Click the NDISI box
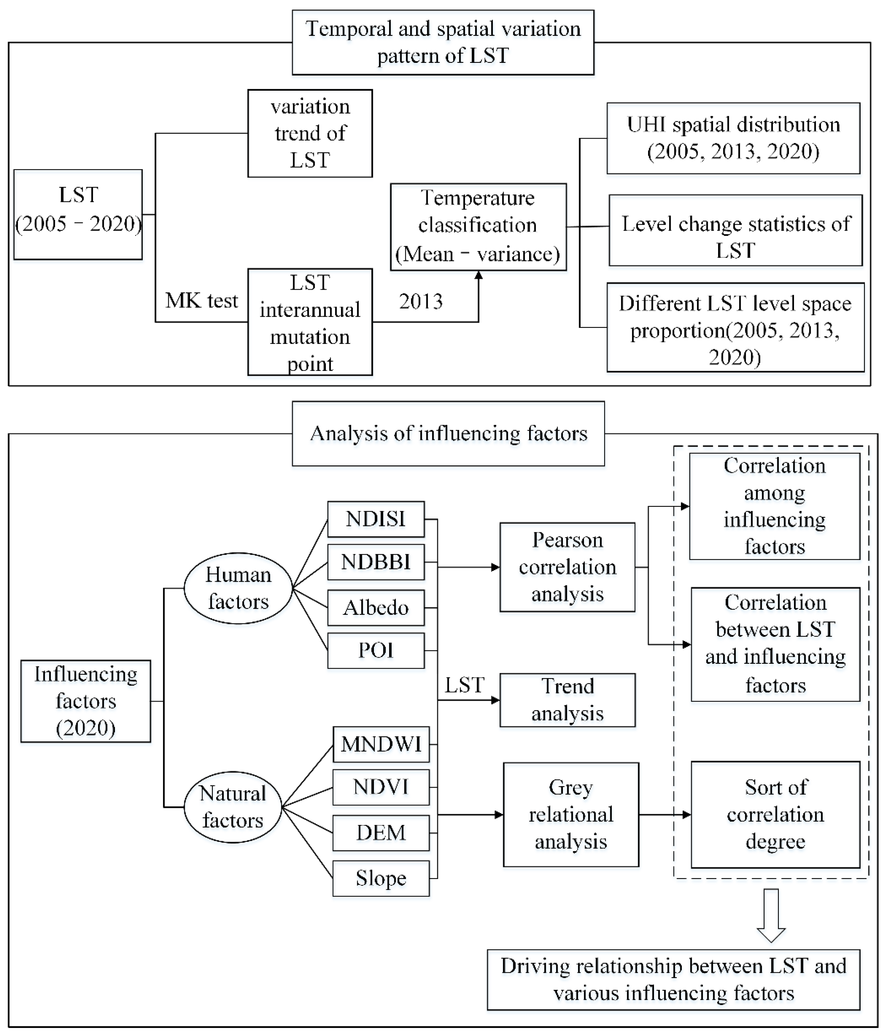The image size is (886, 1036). (376, 519)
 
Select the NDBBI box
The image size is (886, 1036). (376, 562)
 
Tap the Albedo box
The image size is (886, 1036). (376, 607)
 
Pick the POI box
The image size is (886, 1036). (376, 651)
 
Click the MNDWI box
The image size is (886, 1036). (381, 744)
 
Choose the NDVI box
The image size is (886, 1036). (381, 787)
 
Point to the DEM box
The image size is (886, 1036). (381, 833)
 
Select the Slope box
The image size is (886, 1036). (381, 878)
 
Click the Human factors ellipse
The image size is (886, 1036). (238, 588)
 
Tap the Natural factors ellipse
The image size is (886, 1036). (233, 807)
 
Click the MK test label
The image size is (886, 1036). (202, 301)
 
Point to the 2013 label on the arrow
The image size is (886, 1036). (421, 302)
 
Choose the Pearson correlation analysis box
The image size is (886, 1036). (567, 567)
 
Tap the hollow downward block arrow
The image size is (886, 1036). (771, 915)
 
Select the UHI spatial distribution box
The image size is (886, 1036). (733, 138)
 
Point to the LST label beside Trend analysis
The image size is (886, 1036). (465, 685)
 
